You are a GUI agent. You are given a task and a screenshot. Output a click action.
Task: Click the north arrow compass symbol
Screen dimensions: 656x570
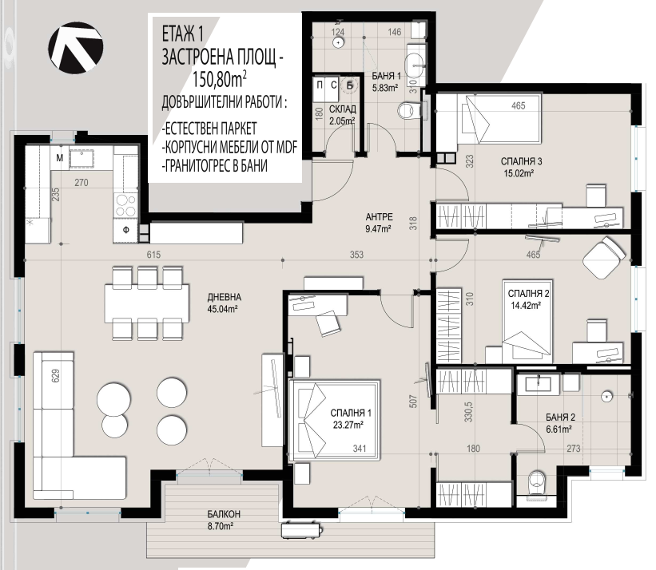click(76, 48)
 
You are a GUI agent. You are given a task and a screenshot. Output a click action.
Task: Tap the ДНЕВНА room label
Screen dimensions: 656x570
click(225, 297)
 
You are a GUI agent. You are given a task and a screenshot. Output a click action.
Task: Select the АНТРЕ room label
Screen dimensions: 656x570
click(379, 217)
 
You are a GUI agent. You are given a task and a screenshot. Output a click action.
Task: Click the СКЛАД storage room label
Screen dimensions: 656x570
click(343, 109)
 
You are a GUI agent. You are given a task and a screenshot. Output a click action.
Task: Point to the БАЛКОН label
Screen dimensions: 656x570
click(224, 514)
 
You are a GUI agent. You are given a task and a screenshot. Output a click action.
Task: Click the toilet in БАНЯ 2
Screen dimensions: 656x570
click(537, 484)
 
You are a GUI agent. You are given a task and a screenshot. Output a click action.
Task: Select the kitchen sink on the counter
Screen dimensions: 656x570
click(82, 158)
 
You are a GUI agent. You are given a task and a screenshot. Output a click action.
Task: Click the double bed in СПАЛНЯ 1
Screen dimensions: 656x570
click(335, 420)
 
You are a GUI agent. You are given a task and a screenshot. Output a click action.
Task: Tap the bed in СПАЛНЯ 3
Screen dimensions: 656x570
click(499, 119)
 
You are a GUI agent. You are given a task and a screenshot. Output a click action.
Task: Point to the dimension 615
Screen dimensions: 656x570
click(153, 255)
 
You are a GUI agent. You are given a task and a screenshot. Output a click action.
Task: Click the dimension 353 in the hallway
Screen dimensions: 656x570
click(356, 255)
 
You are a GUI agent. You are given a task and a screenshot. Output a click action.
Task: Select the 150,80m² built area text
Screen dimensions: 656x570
click(219, 79)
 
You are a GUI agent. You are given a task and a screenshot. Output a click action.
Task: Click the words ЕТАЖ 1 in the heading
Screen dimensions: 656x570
click(183, 34)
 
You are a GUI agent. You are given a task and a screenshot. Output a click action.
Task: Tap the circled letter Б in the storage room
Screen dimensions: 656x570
click(349, 85)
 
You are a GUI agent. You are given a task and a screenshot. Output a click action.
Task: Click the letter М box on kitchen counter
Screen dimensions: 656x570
click(60, 158)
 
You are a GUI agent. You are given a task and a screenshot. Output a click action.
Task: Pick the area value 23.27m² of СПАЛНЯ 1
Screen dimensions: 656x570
click(348, 425)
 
